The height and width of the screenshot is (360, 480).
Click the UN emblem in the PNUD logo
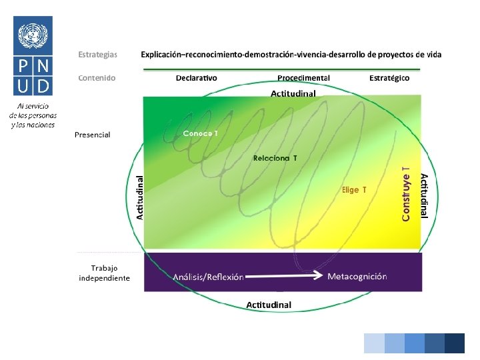click(x=34, y=35)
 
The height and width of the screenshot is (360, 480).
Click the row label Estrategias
click(x=97, y=54)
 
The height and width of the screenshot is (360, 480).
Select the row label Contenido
click(x=97, y=78)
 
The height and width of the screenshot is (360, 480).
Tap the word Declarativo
click(x=196, y=78)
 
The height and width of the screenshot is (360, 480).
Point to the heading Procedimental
click(x=303, y=78)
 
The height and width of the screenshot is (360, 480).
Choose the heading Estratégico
click(x=389, y=78)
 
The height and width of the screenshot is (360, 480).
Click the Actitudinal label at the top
click(x=293, y=94)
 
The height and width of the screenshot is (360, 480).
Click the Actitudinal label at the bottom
click(x=269, y=305)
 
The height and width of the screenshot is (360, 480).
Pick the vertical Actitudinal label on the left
click(x=140, y=197)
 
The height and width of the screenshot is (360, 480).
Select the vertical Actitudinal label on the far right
click(x=424, y=196)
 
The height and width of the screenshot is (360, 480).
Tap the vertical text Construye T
click(x=405, y=193)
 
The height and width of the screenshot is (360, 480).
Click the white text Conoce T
click(x=201, y=133)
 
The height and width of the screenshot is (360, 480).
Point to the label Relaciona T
click(x=275, y=158)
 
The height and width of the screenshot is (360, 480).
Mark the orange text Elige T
click(x=354, y=190)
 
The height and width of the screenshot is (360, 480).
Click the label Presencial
click(x=93, y=135)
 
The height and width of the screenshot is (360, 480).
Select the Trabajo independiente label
click(x=104, y=273)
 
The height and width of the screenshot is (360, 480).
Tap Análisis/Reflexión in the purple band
click(x=208, y=277)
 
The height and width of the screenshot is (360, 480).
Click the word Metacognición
click(x=357, y=276)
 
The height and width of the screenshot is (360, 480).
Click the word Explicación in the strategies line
click(x=163, y=54)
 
